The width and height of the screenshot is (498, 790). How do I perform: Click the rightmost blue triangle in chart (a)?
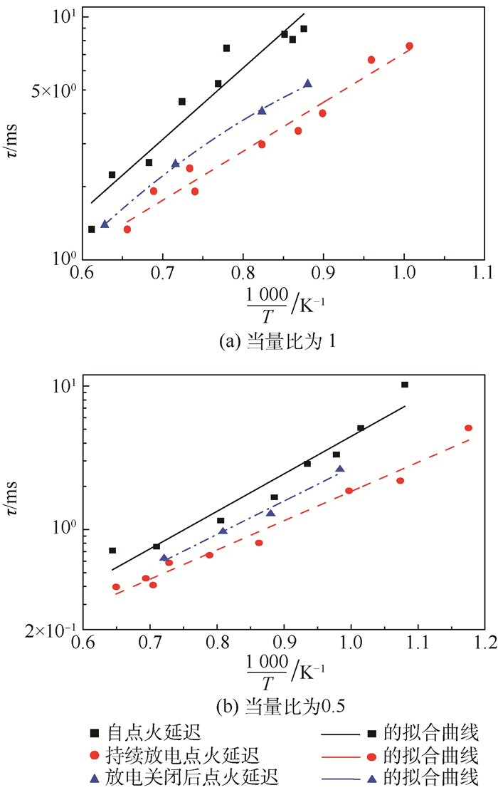click(x=307, y=83)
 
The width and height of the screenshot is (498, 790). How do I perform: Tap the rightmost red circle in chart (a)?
click(x=409, y=46)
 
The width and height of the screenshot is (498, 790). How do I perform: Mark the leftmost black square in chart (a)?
click(x=91, y=229)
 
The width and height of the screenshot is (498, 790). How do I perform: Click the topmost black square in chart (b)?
click(x=405, y=385)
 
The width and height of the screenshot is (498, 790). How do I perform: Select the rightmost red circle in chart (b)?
click(x=468, y=428)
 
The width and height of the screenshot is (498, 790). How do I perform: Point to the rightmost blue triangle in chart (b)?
click(x=340, y=468)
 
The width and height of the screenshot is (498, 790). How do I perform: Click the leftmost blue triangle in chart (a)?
click(x=105, y=224)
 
